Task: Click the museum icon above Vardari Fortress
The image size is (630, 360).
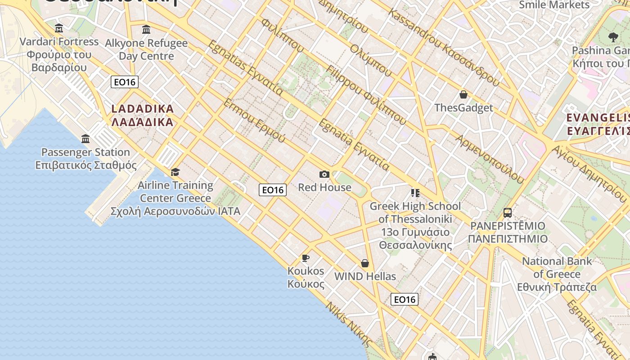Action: click(x=59, y=29)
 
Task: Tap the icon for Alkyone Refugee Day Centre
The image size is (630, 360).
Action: click(x=146, y=30)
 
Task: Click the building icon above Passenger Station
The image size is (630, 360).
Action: click(x=85, y=139)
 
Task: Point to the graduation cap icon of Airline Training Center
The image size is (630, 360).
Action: click(x=175, y=172)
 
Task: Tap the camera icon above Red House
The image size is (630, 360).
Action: click(x=324, y=174)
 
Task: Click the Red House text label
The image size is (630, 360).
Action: click(x=324, y=187)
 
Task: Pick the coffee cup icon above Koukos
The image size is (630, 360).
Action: click(x=306, y=258)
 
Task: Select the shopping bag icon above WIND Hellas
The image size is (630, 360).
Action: click(x=365, y=263)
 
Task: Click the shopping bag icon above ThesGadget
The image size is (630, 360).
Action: click(x=463, y=94)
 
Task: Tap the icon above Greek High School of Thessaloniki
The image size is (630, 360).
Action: click(x=415, y=193)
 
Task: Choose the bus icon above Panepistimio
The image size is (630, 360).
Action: click(x=508, y=212)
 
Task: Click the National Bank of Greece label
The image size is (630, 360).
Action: click(x=557, y=274)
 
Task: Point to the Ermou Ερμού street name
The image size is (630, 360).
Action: click(x=254, y=120)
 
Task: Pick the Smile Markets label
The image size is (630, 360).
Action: click(x=554, y=5)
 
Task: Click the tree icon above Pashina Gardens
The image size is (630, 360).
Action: click(x=613, y=37)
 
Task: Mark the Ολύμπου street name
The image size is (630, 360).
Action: click(x=371, y=58)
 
